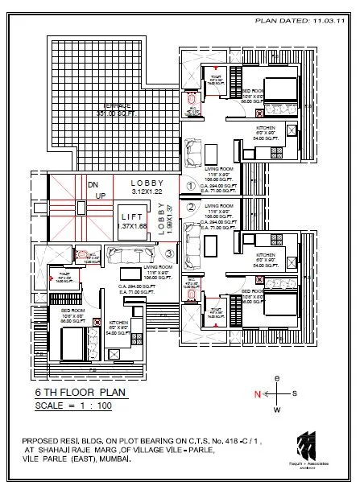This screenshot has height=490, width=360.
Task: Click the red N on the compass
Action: coord(257,394)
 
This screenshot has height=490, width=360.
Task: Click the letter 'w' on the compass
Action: coord(277,409)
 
